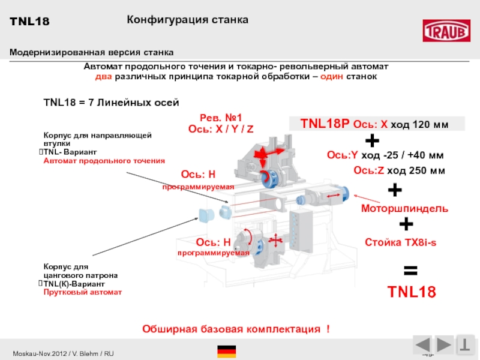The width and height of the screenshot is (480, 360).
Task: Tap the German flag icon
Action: pyautogui.click(x=226, y=352)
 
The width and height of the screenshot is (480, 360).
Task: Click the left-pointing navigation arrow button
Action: pyautogui.click(x=423, y=346)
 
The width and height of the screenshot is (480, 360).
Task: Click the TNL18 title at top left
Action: pyautogui.click(x=29, y=22)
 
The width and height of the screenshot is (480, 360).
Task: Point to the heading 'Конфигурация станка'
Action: pyautogui.click(x=187, y=20)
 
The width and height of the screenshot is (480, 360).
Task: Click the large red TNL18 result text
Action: pyautogui.click(x=411, y=292)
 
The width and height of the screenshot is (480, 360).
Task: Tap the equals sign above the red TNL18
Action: pyautogui.click(x=410, y=270)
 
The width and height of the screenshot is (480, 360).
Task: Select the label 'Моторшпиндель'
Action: pyautogui.click(x=404, y=208)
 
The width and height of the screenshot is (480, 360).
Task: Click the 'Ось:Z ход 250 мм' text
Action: pyautogui.click(x=399, y=170)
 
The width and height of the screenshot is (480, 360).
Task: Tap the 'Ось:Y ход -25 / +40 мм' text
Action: pyautogui.click(x=385, y=155)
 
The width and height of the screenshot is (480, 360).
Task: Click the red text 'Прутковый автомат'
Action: pyautogui.click(x=82, y=292)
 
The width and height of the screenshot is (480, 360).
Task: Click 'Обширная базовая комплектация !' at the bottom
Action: pyautogui.click(x=235, y=329)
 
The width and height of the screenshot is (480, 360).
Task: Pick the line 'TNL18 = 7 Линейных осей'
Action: pyautogui.click(x=112, y=103)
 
